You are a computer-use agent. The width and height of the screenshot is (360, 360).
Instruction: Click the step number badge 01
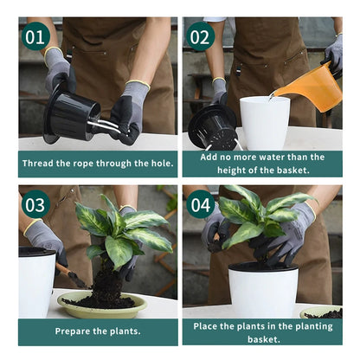click(35, 36)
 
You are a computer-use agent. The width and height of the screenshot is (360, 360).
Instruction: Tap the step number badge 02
click(200, 36)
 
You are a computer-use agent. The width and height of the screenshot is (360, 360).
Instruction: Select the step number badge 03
click(35, 204)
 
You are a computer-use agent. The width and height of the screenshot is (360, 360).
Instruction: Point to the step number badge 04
click(200, 204)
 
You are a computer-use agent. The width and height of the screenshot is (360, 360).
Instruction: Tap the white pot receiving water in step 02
click(264, 122)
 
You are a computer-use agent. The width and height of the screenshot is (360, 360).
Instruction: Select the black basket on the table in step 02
click(212, 129)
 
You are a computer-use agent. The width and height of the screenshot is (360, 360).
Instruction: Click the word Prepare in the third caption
click(74, 331)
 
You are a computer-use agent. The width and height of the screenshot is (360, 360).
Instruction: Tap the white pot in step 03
click(35, 280)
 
